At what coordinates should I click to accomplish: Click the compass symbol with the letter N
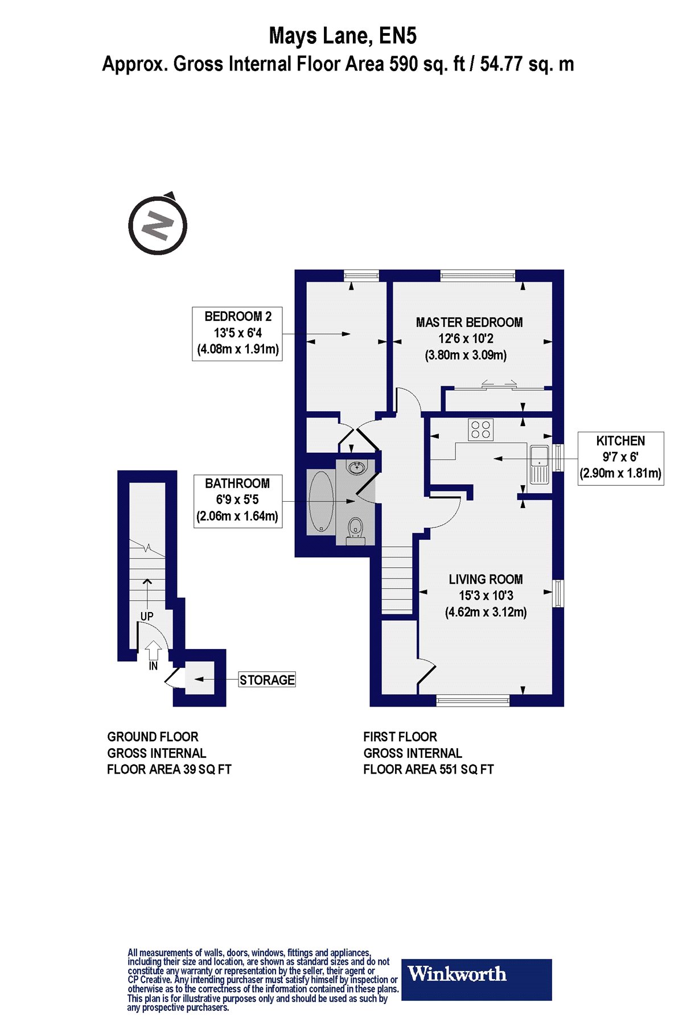pos(158,224)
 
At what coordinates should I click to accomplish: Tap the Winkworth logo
pos(477,980)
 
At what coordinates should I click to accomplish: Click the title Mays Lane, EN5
pos(343,36)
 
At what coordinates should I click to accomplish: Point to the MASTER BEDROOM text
pos(469,323)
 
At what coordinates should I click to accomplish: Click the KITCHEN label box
pos(620,457)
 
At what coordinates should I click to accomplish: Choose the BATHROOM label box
pos(238,501)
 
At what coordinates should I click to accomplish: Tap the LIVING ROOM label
pos(485,580)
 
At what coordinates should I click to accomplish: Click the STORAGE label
pos(267,680)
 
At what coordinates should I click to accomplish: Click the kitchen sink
pos(538,464)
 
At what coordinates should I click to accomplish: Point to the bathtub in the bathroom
pos(321,501)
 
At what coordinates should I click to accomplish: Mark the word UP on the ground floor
pos(147,616)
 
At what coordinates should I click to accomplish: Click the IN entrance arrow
pos(153,651)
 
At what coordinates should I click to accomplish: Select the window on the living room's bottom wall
pos(472,700)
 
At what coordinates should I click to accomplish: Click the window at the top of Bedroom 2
pos(362,275)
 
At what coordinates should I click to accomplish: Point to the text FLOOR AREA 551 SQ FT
pos(429,770)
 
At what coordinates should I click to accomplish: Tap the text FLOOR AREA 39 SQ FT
pos(169,770)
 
